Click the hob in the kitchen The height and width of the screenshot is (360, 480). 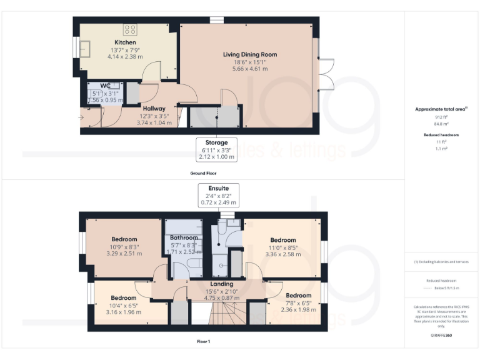pyautogui.click(x=131, y=29)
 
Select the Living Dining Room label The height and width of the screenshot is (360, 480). pyautogui.click(x=250, y=55)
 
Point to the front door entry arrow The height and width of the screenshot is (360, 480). pyautogui.click(x=81, y=116)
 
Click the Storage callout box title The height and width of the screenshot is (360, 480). pyautogui.click(x=217, y=142)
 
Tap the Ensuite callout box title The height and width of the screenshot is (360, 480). pyautogui.click(x=217, y=187)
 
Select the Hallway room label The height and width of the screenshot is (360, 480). pyautogui.click(x=153, y=108)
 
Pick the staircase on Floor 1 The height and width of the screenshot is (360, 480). pyautogui.click(x=205, y=316)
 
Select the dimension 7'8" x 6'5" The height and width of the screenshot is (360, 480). pyautogui.click(x=298, y=302)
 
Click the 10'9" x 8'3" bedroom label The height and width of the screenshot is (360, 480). pyautogui.click(x=124, y=246)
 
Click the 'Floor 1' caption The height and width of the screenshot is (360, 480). pyautogui.click(x=203, y=342)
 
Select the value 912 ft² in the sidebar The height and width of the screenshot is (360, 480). pyautogui.click(x=442, y=117)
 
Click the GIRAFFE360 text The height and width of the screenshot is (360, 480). pyautogui.click(x=441, y=336)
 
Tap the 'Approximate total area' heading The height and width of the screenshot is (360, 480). pyautogui.click(x=441, y=109)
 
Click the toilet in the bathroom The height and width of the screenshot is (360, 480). pyautogui.click(x=195, y=266)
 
